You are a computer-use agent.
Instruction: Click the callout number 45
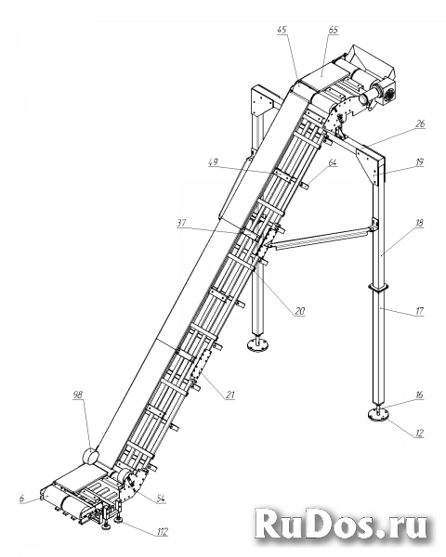(x=282, y=30)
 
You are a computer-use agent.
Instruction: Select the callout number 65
(x=333, y=30)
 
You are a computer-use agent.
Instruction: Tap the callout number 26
(x=420, y=123)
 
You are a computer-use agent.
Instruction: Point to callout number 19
(x=420, y=162)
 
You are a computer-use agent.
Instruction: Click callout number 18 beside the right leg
(x=420, y=223)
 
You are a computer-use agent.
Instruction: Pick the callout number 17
(x=420, y=311)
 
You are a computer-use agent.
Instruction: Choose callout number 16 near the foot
(x=420, y=395)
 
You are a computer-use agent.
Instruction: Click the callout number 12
(x=420, y=433)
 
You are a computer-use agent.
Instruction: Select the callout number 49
(x=214, y=162)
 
